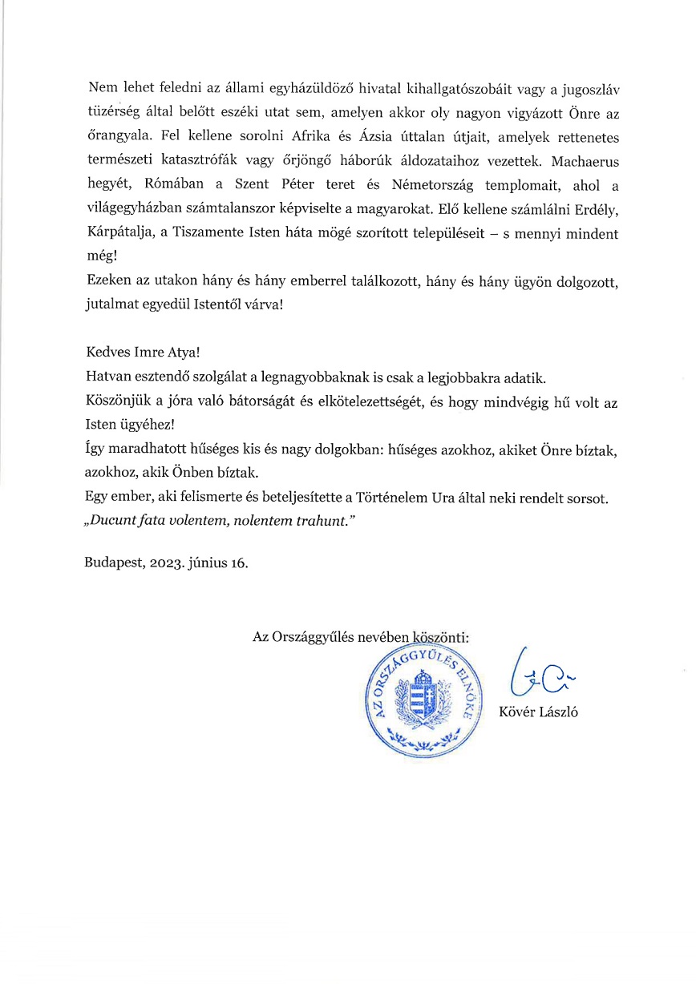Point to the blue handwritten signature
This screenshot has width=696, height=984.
tap(540, 677)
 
